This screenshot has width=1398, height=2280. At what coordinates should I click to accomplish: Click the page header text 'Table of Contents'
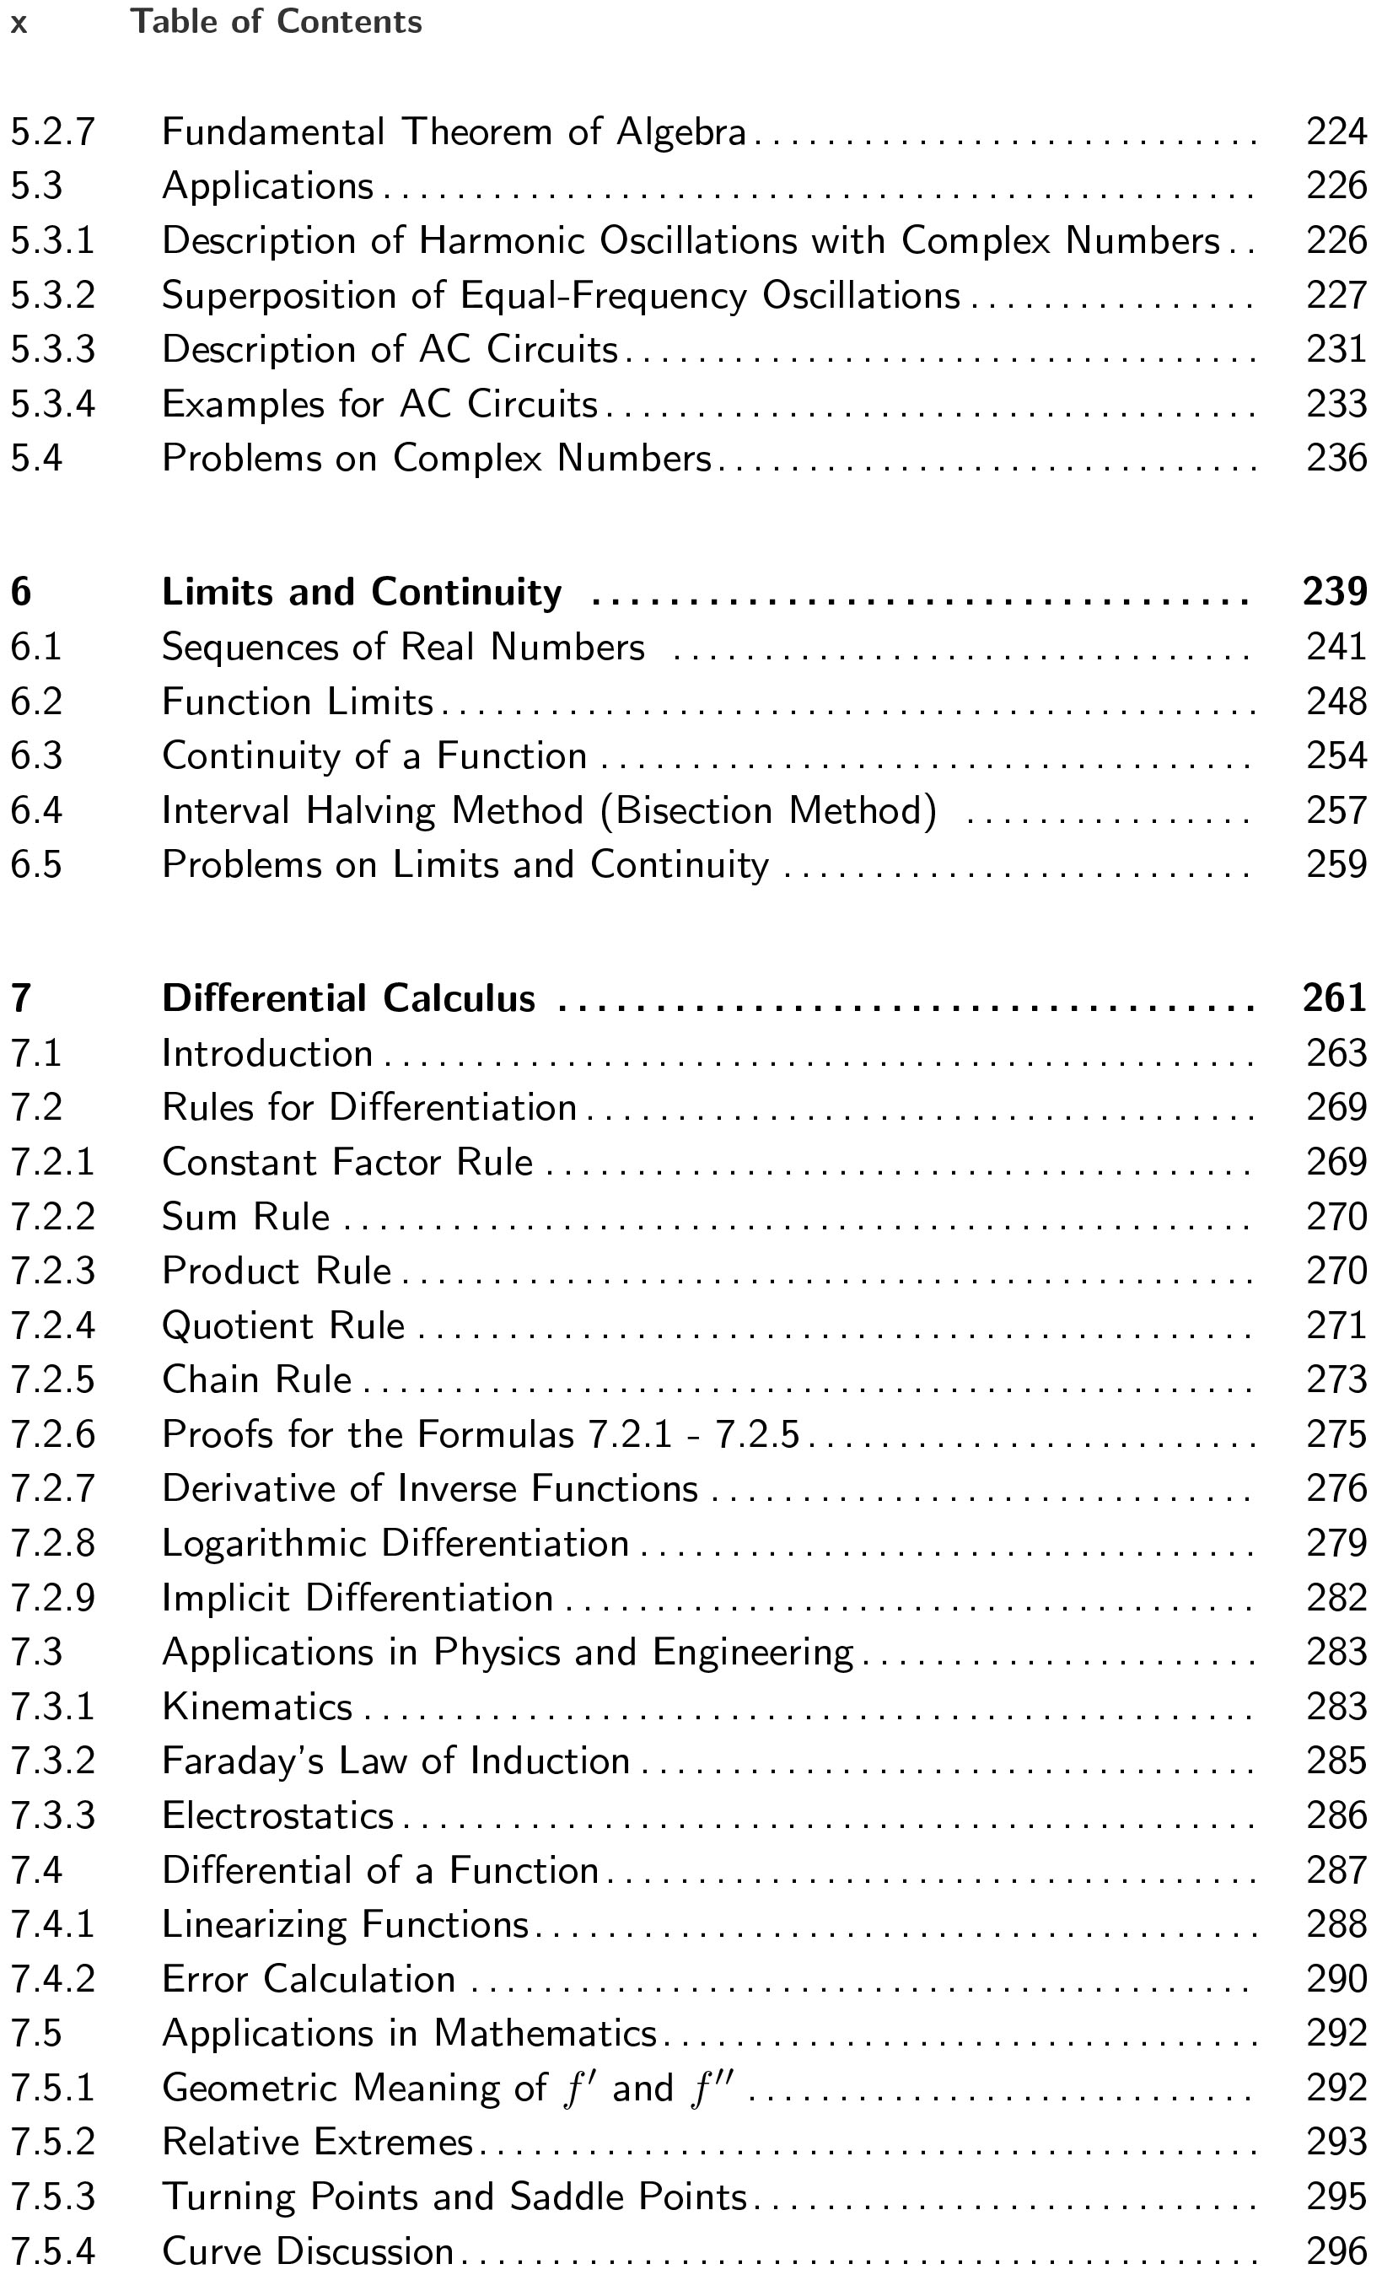[276, 21]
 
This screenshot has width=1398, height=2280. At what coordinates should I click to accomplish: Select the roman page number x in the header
[19, 23]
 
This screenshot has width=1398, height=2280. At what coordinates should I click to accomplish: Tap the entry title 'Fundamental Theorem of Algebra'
[454, 132]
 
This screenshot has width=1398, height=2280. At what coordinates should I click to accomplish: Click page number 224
[1336, 132]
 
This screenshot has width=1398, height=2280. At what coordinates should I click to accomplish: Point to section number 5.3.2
[53, 296]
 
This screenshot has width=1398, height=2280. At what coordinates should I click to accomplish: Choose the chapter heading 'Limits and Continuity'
[362, 592]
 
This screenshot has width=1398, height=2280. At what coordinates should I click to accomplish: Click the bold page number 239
[1334, 592]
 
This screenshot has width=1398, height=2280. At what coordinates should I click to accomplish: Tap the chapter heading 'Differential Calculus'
[349, 999]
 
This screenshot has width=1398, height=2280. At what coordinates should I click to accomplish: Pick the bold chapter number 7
[20, 999]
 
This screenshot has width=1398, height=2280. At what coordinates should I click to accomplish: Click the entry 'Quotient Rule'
[283, 1326]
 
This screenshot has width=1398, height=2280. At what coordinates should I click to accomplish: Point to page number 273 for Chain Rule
[1336, 1380]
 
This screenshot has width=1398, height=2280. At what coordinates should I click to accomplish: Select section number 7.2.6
[53, 1435]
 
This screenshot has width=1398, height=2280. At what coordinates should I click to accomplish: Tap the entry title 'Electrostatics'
[277, 1816]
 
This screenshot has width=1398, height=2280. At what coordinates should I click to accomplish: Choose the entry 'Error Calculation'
[308, 1980]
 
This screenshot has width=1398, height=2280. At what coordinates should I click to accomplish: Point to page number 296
[1336, 2252]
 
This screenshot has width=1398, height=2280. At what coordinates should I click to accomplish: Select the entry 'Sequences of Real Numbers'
[402, 647]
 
